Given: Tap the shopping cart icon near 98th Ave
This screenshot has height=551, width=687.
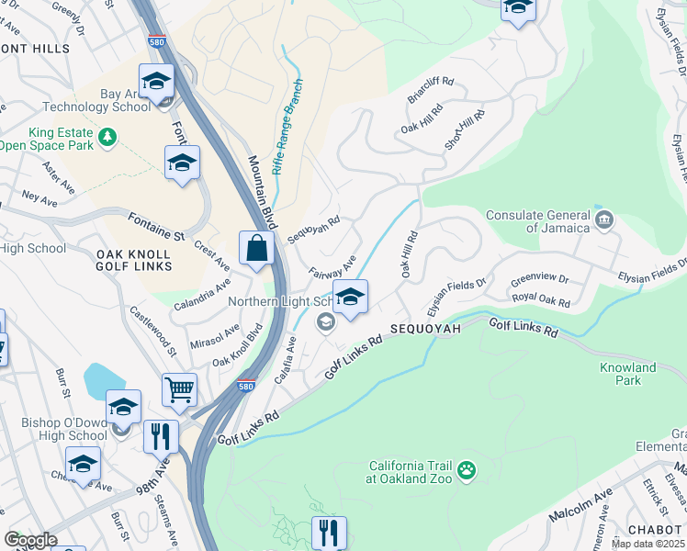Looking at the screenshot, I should [x=179, y=389].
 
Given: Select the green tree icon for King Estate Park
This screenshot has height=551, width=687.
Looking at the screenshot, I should [x=108, y=137].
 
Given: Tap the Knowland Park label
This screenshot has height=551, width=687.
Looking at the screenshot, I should [x=628, y=374].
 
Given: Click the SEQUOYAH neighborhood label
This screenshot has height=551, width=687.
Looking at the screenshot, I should [x=426, y=328].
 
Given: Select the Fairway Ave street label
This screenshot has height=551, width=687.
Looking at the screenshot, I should [x=332, y=268].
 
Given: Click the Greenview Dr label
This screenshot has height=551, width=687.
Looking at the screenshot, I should [x=540, y=277].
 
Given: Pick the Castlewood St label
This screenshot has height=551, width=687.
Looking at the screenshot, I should [x=152, y=331].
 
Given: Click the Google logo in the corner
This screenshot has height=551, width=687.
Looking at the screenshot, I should [x=30, y=540].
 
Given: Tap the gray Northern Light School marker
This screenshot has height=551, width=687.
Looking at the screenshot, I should [x=324, y=320].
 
